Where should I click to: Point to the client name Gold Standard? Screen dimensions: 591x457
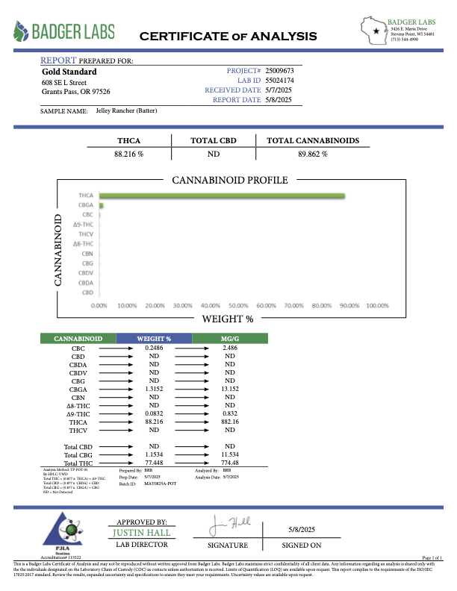pyautogui.click(x=64, y=72)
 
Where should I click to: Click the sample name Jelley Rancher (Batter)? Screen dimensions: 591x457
pyautogui.click(x=126, y=110)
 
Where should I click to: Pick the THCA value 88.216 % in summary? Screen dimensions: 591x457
pyautogui.click(x=128, y=154)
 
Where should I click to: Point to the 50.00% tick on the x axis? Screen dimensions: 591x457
pyautogui.click(x=237, y=306)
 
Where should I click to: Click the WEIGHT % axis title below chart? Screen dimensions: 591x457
pyautogui.click(x=228, y=319)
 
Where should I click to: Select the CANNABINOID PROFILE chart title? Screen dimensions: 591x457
pyautogui.click(x=229, y=181)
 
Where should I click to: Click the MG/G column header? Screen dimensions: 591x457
pyautogui.click(x=230, y=339)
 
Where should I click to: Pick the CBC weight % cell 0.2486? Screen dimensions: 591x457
pyautogui.click(x=154, y=348)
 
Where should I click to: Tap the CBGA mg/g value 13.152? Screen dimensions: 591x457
pyautogui.click(x=230, y=389)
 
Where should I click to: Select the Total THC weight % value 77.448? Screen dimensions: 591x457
pyautogui.click(x=154, y=463)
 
